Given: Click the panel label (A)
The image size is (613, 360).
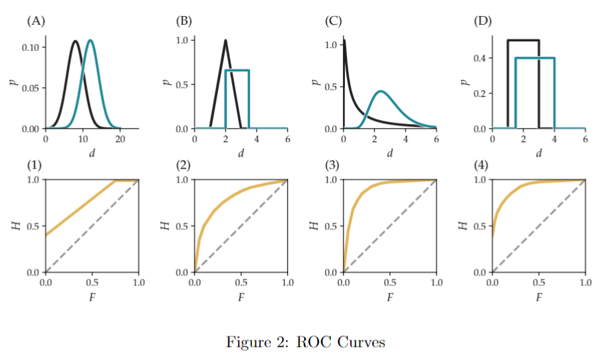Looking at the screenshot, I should (x=35, y=21).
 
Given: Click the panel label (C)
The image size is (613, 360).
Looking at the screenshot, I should (x=333, y=21).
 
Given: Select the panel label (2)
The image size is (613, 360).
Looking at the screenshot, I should (x=184, y=165).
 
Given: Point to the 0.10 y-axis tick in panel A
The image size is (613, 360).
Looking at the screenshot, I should (x=31, y=48).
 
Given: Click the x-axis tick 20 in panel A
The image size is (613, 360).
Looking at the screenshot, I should (x=120, y=139).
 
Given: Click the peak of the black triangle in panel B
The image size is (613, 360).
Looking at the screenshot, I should (x=225, y=40).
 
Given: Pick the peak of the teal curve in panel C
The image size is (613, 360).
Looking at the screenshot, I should (x=380, y=91).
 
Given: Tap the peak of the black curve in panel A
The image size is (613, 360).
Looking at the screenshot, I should (x=75, y=41).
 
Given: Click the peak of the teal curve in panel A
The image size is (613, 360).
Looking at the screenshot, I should (x=90, y=41).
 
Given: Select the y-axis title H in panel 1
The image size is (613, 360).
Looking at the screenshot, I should (x=15, y=226).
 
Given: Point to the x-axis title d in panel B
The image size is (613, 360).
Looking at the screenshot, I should (x=241, y=153).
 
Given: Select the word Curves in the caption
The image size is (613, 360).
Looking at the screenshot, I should (x=362, y=343).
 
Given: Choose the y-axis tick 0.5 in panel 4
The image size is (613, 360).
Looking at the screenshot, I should (x=480, y=226).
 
